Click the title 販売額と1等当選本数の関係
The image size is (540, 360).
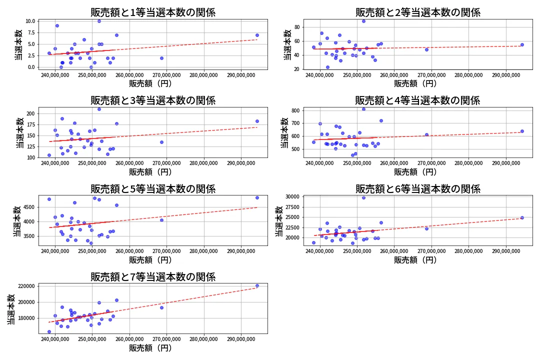tap(153, 12)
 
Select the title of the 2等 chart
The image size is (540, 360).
tap(417, 12)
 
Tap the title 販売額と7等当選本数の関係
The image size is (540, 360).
tap(153, 276)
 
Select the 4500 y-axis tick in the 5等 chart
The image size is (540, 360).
tap(28, 207)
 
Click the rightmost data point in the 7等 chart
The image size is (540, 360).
tap(257, 285)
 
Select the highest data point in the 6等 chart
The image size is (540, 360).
tap(363, 197)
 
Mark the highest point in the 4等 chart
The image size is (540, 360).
tap(363, 109)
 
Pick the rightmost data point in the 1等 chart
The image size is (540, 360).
tap(257, 35)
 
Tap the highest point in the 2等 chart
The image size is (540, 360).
tap(363, 21)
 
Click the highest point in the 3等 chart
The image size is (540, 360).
tap(99, 109)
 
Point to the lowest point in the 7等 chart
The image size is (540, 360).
tap(49, 331)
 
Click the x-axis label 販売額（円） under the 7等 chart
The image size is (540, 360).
tap(150, 347)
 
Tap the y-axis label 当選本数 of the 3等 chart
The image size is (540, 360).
tap(19, 132)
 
